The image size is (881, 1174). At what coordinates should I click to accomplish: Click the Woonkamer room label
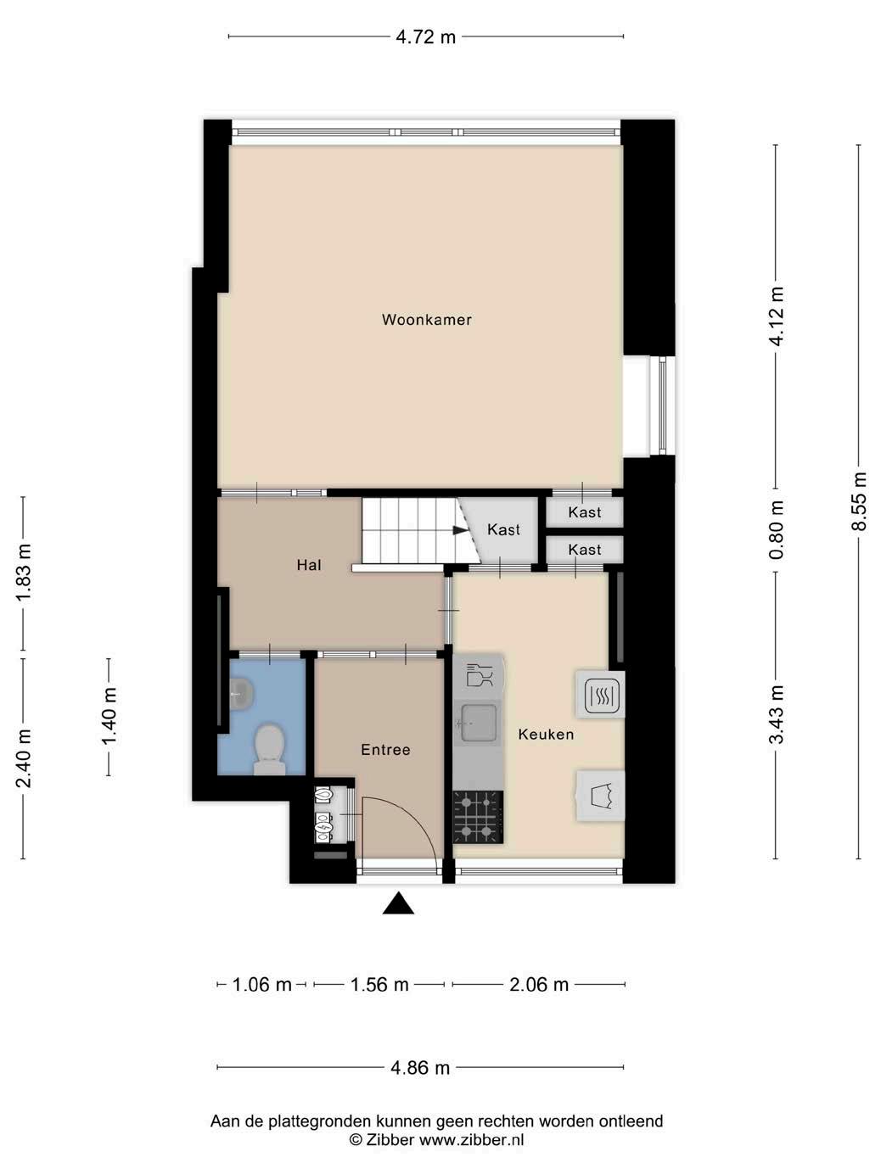pos(426,320)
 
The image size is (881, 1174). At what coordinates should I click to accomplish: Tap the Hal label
pos(309,565)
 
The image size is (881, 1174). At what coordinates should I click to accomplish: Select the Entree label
pos(385,750)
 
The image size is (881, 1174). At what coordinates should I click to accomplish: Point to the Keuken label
pos(546,735)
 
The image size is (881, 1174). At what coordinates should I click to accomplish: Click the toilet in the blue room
pos(269,749)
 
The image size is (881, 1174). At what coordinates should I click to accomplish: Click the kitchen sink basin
pos(478,723)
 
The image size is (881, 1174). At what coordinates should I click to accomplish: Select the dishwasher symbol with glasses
pos(480,675)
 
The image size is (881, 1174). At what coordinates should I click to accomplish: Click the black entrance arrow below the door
pos(398,903)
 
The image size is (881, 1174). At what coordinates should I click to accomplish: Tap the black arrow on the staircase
pos(459,530)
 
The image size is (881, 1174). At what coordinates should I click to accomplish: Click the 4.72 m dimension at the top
pos(426,37)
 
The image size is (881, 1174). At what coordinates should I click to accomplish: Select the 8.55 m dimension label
pos(859,501)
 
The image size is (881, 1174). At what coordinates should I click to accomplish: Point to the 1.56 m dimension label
pos(379,984)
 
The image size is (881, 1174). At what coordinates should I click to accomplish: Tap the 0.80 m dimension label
pos(776,530)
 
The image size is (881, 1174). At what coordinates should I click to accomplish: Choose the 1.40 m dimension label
pos(109,716)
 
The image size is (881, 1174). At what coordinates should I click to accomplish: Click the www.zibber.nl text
pos(471,1140)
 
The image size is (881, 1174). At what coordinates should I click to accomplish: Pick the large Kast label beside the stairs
pos(503,529)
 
